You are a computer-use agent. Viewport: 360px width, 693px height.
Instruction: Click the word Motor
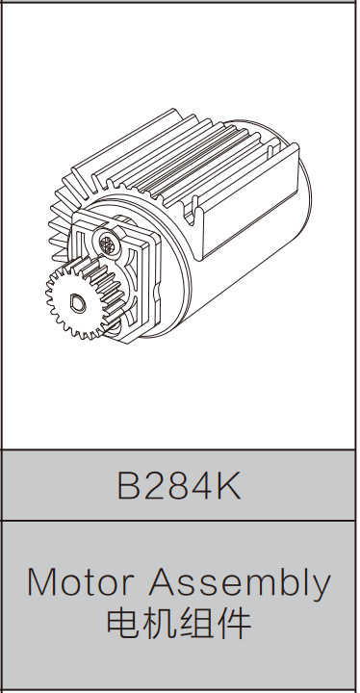(81, 582)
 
